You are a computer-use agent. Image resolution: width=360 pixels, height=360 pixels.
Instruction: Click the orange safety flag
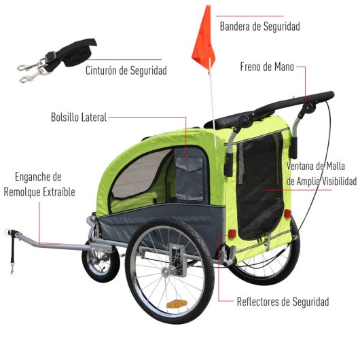coord(204,39)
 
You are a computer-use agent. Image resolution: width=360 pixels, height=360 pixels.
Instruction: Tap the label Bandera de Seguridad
coord(260,26)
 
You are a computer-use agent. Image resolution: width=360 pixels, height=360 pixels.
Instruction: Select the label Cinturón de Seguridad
coord(126,71)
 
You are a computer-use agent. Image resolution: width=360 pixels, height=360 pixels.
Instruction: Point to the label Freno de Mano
coord(267,67)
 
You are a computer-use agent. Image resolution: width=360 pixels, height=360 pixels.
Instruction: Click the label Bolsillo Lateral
coord(79,118)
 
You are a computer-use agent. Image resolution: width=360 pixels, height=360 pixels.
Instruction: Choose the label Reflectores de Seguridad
coord(283,302)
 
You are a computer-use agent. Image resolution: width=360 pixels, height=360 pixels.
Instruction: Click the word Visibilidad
coord(339,181)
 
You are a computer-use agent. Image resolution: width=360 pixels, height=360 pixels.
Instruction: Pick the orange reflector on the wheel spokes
coord(177,304)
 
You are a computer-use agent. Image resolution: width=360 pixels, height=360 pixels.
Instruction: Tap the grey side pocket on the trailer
coord(190,175)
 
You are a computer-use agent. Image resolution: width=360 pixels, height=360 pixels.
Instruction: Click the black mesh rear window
coord(260,186)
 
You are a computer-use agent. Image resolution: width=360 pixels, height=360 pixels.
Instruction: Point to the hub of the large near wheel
coord(166,272)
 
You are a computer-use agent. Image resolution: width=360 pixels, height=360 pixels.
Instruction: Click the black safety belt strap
coord(57,60)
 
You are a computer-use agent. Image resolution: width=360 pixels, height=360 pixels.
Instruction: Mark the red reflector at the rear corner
coord(232,234)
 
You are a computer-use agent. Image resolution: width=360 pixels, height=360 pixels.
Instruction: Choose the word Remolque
coord(22,192)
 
